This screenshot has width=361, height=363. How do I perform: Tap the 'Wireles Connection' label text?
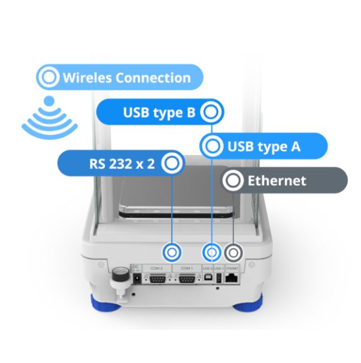coord(126,78)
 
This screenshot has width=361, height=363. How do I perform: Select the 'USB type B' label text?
coord(159,112)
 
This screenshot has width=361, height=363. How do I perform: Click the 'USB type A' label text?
coord(263,146)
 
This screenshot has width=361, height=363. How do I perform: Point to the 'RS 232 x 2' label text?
coord(114,163)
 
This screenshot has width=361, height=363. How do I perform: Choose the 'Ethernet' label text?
coord(277,181)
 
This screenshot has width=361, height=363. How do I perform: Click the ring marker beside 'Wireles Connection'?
coord(48,78)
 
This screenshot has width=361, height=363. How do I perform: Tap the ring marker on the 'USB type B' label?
coord(211,112)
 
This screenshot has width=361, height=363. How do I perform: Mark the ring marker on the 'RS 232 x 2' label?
coord(172,163)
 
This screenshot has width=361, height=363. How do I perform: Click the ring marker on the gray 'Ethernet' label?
coord(233,180)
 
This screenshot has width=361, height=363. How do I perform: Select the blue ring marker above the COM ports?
coord(172,252)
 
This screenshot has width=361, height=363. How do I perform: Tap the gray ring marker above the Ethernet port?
coord(233,252)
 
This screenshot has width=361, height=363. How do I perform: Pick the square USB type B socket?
coord(207,278)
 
